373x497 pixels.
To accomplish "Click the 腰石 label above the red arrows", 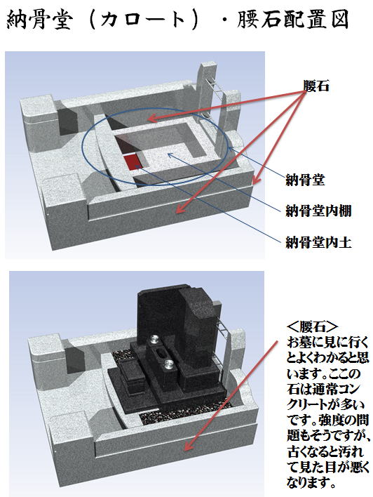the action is tap(316, 86).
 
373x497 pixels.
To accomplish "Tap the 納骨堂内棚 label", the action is tap(318, 211).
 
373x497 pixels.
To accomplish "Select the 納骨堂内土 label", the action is tap(318, 243).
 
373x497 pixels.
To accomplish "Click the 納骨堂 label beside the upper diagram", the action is tap(304, 180).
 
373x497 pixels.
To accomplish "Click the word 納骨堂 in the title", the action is tap(39, 20).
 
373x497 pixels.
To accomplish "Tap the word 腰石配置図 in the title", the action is tap(293, 20).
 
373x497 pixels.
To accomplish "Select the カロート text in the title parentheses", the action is tap(142, 20).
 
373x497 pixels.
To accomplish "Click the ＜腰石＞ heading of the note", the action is tap(312, 327).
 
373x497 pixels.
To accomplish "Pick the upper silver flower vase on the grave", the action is tap(154, 340).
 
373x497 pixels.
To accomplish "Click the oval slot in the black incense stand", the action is tap(160, 353).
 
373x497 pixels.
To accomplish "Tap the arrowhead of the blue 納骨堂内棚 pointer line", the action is tap(170, 154).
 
